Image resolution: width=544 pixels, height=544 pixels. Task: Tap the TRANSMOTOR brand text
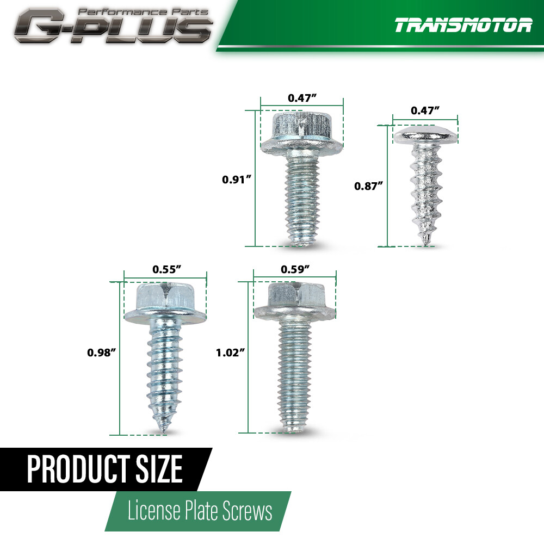pyautogui.click(x=463, y=26)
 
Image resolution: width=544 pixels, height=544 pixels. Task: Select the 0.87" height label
pyautogui.click(x=369, y=186)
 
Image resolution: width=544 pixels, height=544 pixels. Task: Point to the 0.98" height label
pyautogui.click(x=102, y=353)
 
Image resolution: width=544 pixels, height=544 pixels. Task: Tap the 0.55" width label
pyautogui.click(x=166, y=269)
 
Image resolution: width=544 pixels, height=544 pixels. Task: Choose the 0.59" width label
pyautogui.click(x=295, y=269)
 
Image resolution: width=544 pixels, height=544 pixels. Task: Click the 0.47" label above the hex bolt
pyautogui.click(x=302, y=98)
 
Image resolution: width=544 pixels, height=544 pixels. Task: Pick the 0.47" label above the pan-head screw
pyautogui.click(x=425, y=110)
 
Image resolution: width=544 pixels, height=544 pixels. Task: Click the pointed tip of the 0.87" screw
pyautogui.click(x=424, y=239)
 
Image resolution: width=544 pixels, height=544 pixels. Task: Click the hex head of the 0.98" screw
pyautogui.click(x=165, y=297)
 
